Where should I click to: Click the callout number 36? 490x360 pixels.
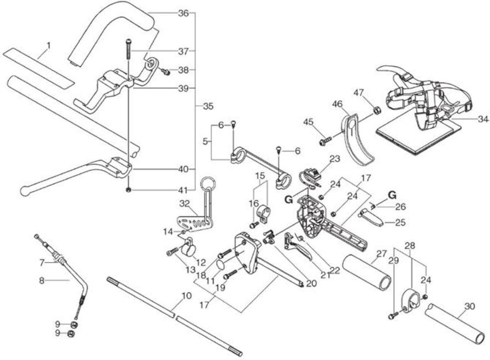pyautogui.click(x=183, y=13)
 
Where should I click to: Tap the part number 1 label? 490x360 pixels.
pyautogui.click(x=48, y=46)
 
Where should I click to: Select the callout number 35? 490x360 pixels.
pyautogui.click(x=208, y=106)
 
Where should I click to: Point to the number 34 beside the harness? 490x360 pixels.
pyautogui.click(x=483, y=119)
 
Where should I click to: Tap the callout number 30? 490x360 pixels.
pyautogui.click(x=469, y=306)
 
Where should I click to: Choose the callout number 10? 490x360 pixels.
pyautogui.click(x=186, y=296)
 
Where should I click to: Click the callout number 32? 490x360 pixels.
pyautogui.click(x=185, y=204)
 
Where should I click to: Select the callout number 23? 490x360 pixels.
pyautogui.click(x=335, y=159)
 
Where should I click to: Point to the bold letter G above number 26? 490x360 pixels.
pyautogui.click(x=393, y=195)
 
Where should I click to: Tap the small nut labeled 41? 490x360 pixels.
pyautogui.click(x=128, y=190)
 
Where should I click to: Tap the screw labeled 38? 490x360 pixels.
pyautogui.click(x=166, y=71)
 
